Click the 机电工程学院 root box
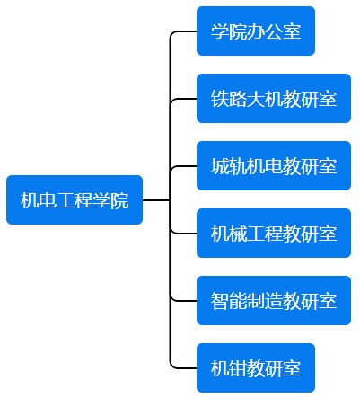(75, 199)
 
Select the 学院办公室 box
(256, 31)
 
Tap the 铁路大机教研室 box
(274, 99)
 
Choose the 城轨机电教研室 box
(274, 166)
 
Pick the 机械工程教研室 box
(274, 234)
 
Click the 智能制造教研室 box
(274, 301)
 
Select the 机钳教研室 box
(256, 368)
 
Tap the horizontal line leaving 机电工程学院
(156, 199)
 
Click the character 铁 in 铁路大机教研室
(220, 99)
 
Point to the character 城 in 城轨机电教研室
(220, 166)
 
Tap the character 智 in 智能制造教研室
(220, 301)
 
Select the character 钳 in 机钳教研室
(238, 368)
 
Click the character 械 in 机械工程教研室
(238, 234)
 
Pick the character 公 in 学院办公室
(274, 31)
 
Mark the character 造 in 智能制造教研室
(274, 301)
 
